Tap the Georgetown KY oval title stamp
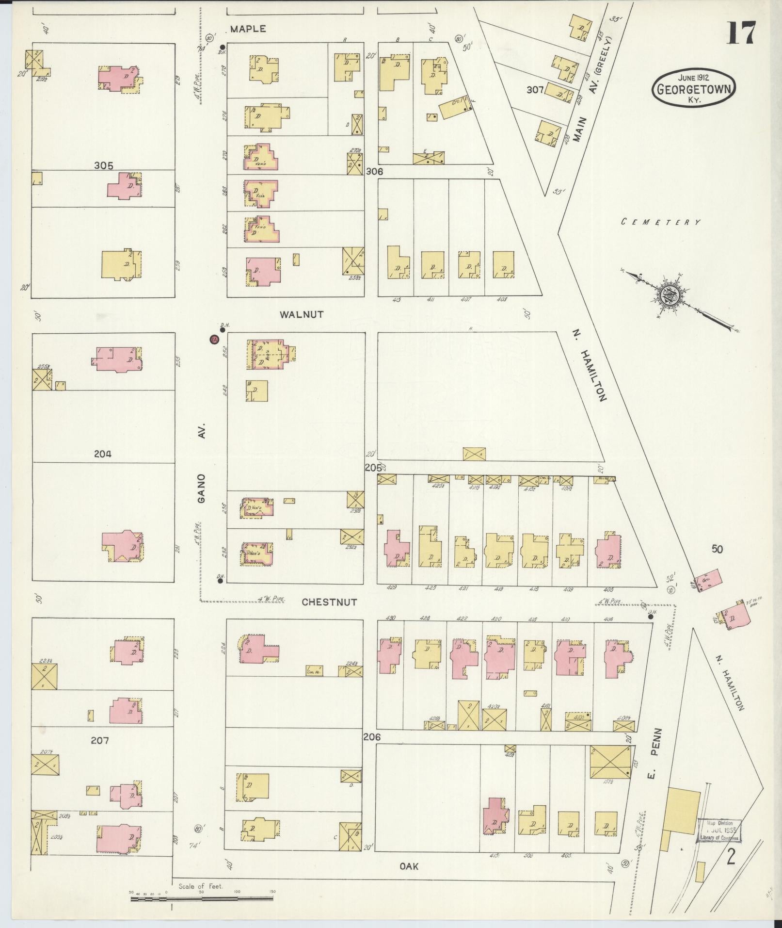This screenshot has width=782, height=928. [x=693, y=87]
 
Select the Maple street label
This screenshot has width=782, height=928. [x=248, y=29]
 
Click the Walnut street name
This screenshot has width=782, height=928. [x=302, y=314]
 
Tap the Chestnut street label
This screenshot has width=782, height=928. [x=329, y=602]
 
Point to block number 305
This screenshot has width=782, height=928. [x=104, y=165]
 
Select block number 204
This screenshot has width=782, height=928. [x=103, y=454]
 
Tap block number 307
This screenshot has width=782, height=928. [x=535, y=90]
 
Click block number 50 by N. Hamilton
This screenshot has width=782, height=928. [x=717, y=549]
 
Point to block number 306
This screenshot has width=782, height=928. [x=374, y=171]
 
